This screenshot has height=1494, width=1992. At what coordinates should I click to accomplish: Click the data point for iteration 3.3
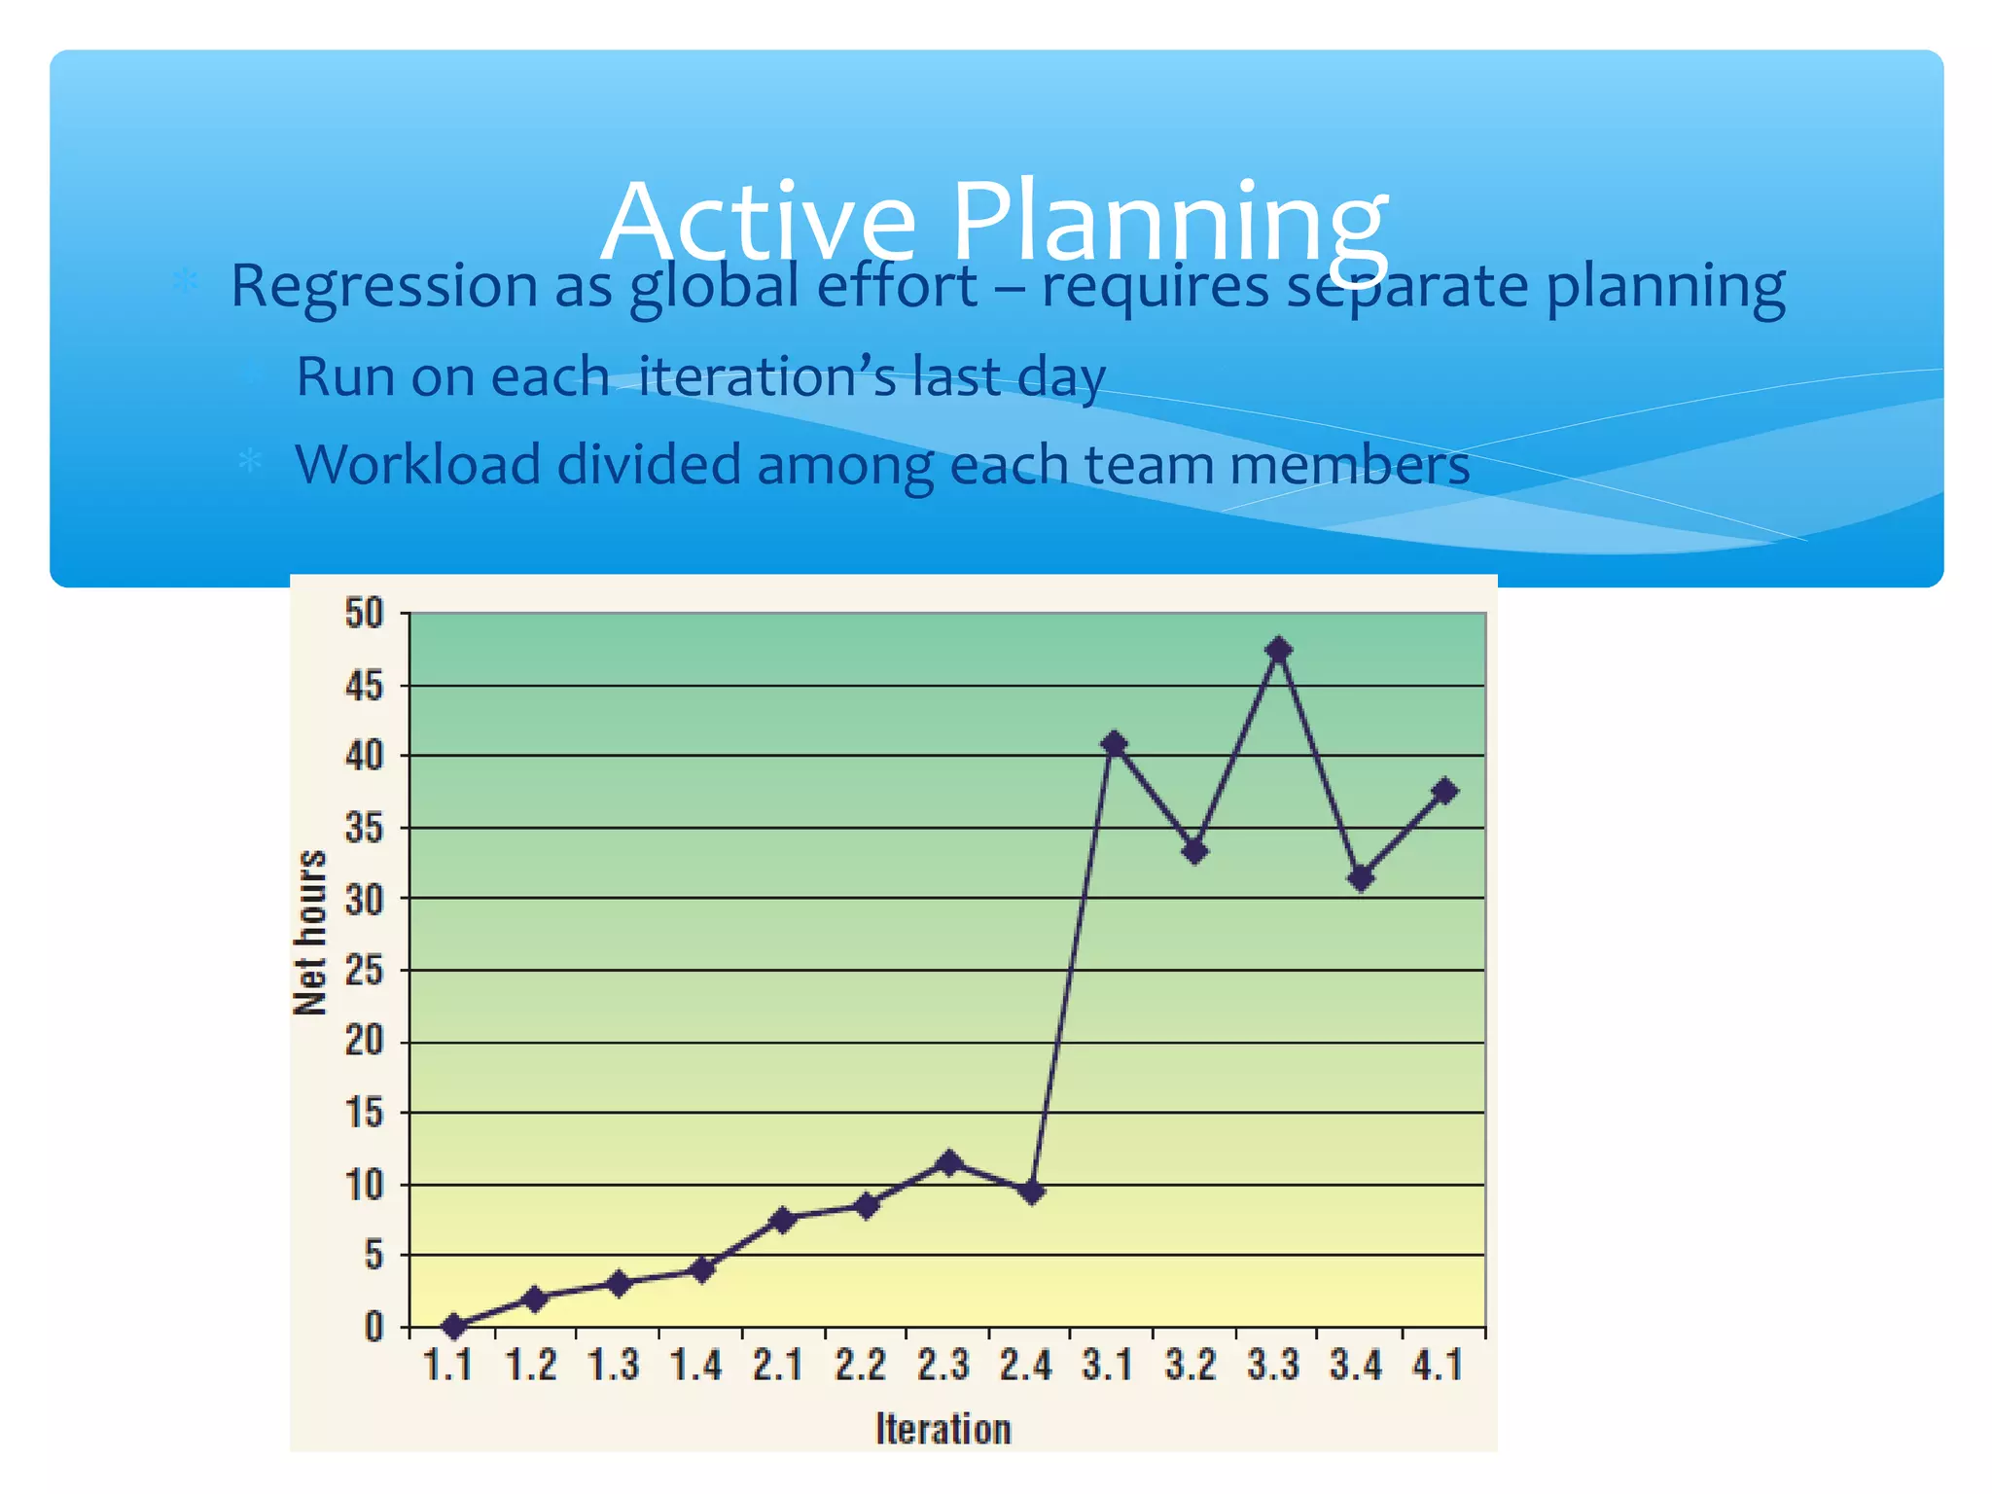tap(1279, 650)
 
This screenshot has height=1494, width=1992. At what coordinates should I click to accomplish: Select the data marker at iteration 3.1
tap(1115, 745)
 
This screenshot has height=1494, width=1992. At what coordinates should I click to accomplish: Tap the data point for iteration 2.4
tap(1033, 1192)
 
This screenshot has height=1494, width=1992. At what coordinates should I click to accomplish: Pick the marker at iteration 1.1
tap(453, 1326)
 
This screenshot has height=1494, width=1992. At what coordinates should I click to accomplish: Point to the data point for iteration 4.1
tap(1445, 791)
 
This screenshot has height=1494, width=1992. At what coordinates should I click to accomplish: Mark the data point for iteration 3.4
tap(1362, 878)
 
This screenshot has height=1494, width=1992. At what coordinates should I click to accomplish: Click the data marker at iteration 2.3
tap(950, 1162)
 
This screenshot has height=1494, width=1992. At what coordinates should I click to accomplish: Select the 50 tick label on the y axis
tap(365, 614)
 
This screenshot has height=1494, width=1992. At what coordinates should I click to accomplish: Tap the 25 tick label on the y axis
tap(365, 971)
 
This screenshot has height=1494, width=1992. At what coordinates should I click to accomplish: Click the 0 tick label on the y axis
tap(374, 1327)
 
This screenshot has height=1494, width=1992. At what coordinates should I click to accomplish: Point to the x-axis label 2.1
tap(777, 1366)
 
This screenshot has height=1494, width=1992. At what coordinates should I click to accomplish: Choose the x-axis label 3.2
tap(1191, 1366)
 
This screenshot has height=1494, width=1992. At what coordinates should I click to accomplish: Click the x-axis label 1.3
tap(613, 1366)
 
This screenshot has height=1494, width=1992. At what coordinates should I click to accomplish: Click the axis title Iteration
tap(943, 1429)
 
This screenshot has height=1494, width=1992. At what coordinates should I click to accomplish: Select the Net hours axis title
tap(310, 933)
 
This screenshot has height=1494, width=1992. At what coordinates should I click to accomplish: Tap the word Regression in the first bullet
tap(383, 287)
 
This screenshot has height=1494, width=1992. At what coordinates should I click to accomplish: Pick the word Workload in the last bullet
tap(417, 465)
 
